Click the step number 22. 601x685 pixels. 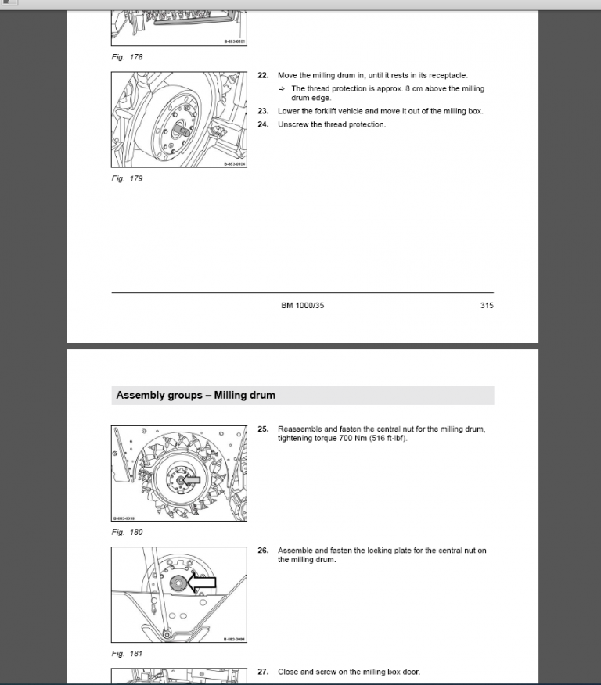[x=263, y=76]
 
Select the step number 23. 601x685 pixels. [x=263, y=111]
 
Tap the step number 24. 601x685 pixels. [x=263, y=124]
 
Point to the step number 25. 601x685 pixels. [x=263, y=429]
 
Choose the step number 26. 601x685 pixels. [x=263, y=551]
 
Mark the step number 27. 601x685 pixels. [x=263, y=672]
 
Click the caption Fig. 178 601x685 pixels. [x=127, y=57]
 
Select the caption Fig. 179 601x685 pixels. [x=127, y=178]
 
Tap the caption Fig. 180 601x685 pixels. [x=127, y=533]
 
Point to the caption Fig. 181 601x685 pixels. [x=127, y=654]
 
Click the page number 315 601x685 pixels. [x=487, y=306]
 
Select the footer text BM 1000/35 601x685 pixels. [x=302, y=306]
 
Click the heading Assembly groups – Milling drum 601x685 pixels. [x=196, y=396]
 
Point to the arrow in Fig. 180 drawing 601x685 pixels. [x=190, y=479]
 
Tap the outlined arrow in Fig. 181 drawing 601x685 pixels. [x=200, y=583]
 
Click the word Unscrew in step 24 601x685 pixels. [x=293, y=124]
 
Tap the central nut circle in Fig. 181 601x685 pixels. [x=177, y=582]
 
